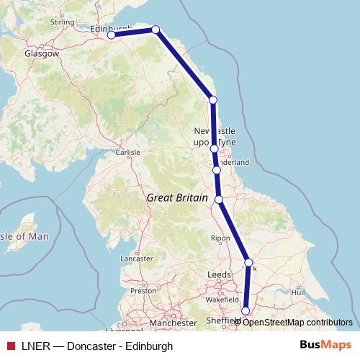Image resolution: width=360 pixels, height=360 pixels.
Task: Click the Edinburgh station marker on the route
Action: (112, 35)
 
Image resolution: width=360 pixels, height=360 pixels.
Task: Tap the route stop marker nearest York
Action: (248, 263)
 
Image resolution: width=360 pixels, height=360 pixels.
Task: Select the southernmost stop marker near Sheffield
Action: (246, 311)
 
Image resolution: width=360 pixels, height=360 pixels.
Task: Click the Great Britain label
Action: (177, 197)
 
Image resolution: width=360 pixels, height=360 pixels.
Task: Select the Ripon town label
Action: (220, 238)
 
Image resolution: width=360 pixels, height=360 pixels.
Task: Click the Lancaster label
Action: (137, 258)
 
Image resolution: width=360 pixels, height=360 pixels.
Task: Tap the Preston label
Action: (143, 291)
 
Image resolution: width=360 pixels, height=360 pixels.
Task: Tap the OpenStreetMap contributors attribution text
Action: (297, 322)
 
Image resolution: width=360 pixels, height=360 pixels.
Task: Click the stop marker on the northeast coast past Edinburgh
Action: (156, 30)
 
